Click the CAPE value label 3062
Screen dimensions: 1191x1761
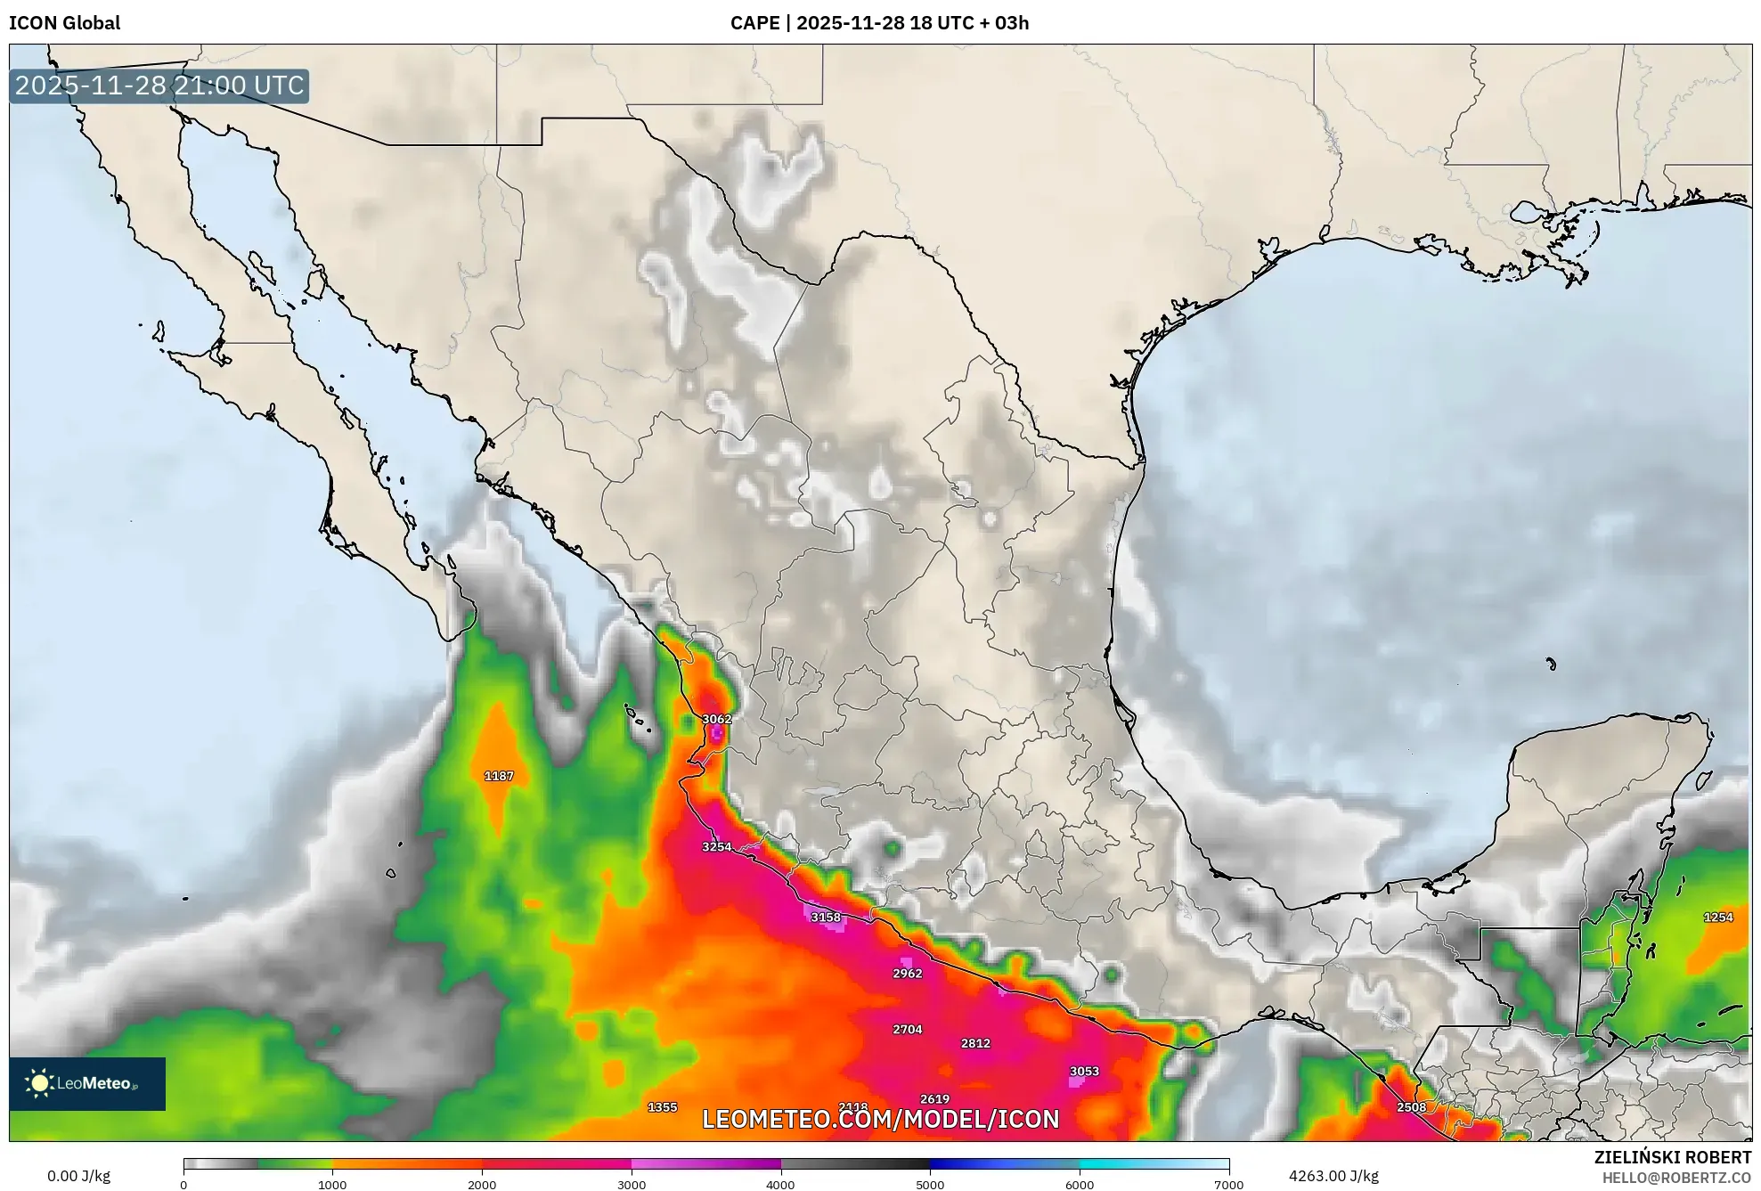[x=716, y=719]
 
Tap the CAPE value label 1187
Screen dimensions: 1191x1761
[x=499, y=776]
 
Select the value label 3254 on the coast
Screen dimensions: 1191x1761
[x=716, y=847]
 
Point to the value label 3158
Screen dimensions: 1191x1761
[x=826, y=918]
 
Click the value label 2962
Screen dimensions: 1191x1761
[x=907, y=974]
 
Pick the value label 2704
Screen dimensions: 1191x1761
[x=907, y=1030]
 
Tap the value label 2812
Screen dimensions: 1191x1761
[x=975, y=1043]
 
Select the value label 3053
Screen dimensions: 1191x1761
[x=1084, y=1072]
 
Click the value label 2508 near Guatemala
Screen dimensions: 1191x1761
[x=1411, y=1107]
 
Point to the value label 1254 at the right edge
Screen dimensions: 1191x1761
[x=1718, y=918]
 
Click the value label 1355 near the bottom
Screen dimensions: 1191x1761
[x=662, y=1107]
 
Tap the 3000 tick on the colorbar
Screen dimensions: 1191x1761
[x=632, y=1185]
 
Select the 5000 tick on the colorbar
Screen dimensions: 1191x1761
[x=930, y=1185]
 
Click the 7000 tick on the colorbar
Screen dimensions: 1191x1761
[x=1228, y=1185]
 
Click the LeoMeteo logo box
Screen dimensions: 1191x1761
[x=87, y=1083]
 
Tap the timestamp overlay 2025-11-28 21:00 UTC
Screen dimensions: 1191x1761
[x=159, y=86]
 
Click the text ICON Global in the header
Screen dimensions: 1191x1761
[x=64, y=23]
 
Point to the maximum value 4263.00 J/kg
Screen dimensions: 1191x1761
[x=1333, y=1176]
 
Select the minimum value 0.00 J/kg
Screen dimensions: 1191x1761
[x=78, y=1176]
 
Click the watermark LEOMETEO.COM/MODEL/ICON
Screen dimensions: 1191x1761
[x=880, y=1120]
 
